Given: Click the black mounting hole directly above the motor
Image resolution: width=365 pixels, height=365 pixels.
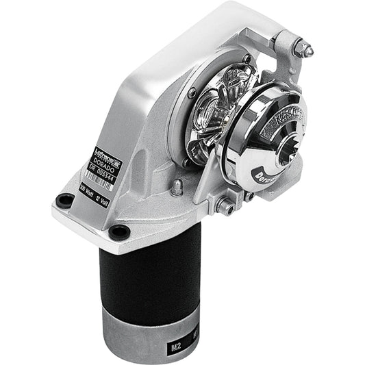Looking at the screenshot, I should tap(119, 231).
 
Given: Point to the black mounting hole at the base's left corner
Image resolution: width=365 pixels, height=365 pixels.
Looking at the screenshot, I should tap(65, 201).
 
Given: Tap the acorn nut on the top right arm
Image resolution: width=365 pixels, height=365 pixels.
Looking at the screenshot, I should tap(301, 48).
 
